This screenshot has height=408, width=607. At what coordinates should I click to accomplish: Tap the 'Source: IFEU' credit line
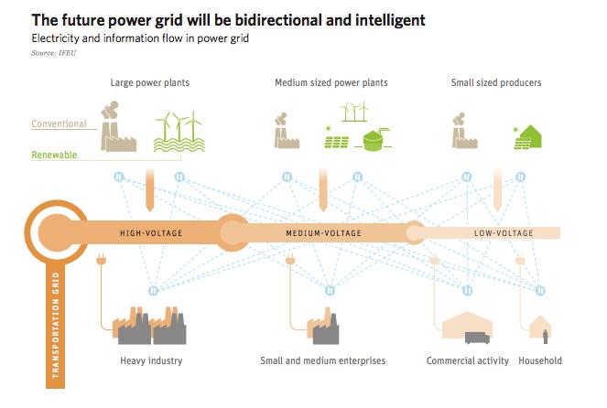click(x=54, y=53)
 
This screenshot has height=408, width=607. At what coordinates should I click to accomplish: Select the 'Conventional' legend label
click(x=59, y=123)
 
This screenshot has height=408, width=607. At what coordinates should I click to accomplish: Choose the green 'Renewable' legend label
click(x=54, y=155)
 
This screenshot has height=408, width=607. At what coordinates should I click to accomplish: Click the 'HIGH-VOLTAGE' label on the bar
click(x=151, y=233)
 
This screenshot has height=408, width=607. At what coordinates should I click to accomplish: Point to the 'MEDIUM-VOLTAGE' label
click(x=323, y=233)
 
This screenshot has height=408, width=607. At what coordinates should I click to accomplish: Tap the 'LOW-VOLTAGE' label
click(x=504, y=233)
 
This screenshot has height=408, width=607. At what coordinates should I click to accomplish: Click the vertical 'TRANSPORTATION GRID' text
click(x=56, y=325)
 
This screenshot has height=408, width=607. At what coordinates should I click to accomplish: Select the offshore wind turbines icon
click(x=179, y=132)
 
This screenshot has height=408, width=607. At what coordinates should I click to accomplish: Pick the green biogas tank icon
click(x=374, y=140)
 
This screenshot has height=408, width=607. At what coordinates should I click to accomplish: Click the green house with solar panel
click(x=528, y=137)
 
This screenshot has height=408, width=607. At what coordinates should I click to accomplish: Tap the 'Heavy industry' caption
click(x=151, y=360)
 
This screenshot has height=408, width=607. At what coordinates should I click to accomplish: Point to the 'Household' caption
click(x=540, y=360)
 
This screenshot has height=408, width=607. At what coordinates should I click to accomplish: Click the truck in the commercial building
click(x=477, y=338)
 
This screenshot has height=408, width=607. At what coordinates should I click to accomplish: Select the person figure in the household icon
click(x=546, y=337)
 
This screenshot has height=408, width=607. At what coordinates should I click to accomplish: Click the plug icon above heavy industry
click(x=101, y=259)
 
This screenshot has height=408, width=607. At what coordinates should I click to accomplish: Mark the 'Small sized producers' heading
click(x=496, y=82)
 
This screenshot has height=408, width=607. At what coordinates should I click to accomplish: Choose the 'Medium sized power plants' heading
click(x=331, y=82)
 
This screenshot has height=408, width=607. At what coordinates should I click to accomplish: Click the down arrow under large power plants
click(x=150, y=190)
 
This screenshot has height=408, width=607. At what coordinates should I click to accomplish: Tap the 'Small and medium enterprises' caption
click(x=323, y=360)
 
